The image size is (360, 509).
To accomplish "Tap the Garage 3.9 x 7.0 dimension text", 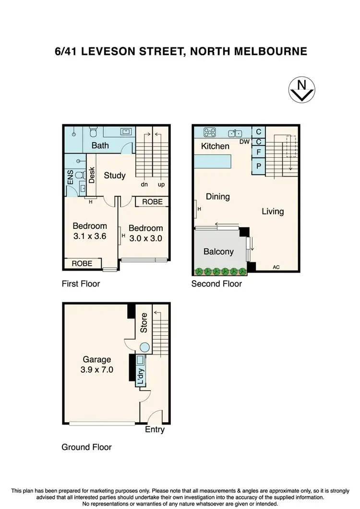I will coord(96,365).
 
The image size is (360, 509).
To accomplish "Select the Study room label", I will coord(115,175).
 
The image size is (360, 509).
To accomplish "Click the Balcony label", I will coord(218,251).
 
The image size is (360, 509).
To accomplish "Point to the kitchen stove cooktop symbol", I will coord(210,131).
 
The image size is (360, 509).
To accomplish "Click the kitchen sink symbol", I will coord(235,132).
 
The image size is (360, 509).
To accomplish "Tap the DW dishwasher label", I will coord(244,142).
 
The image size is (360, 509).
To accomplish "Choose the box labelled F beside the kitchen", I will coord(259,152).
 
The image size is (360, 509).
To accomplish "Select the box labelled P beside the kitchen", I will coord(259,166).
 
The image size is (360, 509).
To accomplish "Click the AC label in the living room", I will coord(276,267).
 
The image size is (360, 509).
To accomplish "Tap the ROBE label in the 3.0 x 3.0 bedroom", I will coord(152,202).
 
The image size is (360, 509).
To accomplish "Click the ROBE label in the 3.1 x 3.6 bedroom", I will coord(83,263).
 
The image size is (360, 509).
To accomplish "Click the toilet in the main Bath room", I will coord(95,131).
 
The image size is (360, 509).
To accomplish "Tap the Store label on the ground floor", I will coord(144,323).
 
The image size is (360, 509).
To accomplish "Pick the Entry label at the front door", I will coord(155,429).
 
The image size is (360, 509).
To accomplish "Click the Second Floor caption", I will coord(216,284).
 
